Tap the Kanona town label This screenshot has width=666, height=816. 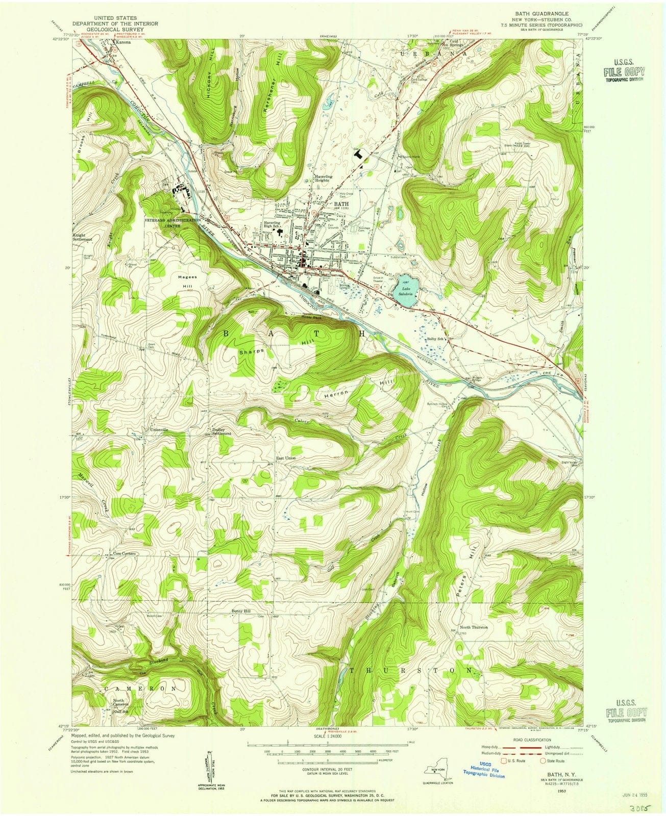tap(122, 43)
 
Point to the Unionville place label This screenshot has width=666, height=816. tap(158, 430)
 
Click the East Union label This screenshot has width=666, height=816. tap(286, 458)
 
